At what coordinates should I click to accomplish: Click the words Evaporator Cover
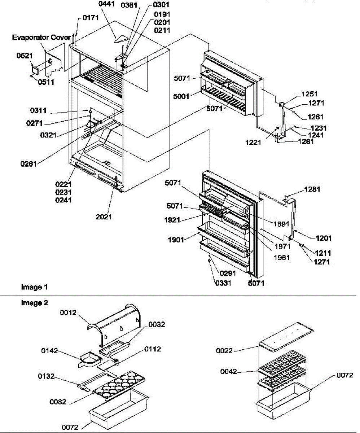(x=41, y=38)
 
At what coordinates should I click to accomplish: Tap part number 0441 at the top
(x=106, y=4)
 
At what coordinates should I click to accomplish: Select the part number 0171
(x=91, y=18)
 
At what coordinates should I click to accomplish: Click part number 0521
(x=25, y=56)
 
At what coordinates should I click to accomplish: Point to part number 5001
(x=181, y=96)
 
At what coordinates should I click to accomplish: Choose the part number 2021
(x=104, y=217)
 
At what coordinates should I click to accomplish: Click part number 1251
(x=309, y=94)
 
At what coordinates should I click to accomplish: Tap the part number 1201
(x=324, y=238)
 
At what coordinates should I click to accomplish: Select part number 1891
(x=281, y=224)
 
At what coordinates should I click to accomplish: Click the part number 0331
(x=223, y=283)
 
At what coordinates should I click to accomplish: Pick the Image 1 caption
(x=34, y=287)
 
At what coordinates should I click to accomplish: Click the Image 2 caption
(x=35, y=303)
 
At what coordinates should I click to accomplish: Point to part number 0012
(x=68, y=312)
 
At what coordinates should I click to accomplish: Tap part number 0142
(x=49, y=351)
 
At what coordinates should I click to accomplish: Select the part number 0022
(x=224, y=351)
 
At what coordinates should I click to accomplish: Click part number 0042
(x=229, y=371)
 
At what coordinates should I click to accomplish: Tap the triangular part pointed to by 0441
(x=121, y=39)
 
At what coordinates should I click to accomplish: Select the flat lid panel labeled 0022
(x=286, y=337)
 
